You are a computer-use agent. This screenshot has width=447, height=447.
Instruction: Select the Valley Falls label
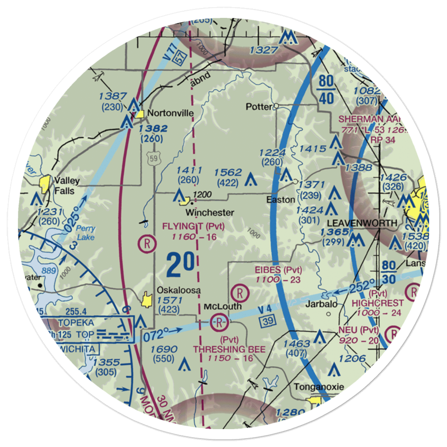pos(67,185)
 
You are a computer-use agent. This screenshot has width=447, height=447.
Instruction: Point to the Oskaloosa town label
pos(178,291)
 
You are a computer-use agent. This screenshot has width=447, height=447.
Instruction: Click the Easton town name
pos(281,200)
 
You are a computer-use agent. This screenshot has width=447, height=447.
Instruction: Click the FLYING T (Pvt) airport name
pos(193,226)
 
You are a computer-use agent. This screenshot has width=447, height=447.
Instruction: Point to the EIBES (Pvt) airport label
pos(278,270)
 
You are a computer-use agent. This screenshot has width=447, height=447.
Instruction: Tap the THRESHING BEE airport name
pos(229,349)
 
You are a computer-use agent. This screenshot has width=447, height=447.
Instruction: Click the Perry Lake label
pos(85,232)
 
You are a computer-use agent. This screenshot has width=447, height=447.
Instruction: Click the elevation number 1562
pos(228,173)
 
